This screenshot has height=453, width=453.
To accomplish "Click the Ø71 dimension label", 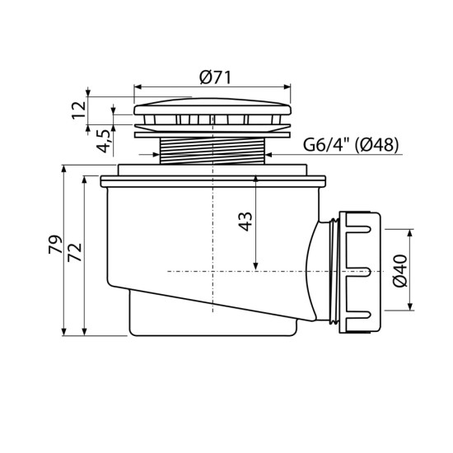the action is [x=215, y=77].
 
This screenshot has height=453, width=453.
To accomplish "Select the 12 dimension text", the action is [x=79, y=110].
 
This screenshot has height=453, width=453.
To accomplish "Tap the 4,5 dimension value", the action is [x=104, y=141].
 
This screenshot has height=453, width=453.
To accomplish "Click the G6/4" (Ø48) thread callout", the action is [x=351, y=144].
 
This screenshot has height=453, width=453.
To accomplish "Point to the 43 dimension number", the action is [x=246, y=222].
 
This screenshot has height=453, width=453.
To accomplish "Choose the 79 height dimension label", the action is [x=55, y=245].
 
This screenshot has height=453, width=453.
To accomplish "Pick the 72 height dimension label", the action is [x=75, y=252].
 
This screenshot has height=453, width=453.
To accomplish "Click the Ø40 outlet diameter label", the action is [x=400, y=271].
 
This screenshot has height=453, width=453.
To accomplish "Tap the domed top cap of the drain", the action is [x=212, y=106].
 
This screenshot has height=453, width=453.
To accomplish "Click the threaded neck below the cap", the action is [x=212, y=151].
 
